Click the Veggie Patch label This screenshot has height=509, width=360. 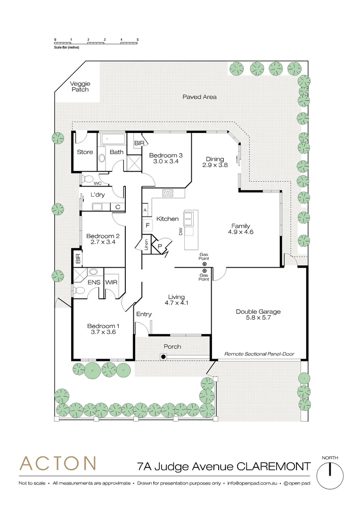[x=80, y=86]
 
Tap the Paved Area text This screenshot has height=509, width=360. [x=199, y=97]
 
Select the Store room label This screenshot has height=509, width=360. [x=85, y=152]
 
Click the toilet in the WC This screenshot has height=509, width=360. [x=87, y=179]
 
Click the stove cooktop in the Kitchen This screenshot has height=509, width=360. [x=168, y=193]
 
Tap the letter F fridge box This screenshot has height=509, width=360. [x=147, y=225]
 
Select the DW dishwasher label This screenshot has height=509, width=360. [x=180, y=231]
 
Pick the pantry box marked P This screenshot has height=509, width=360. [x=160, y=246]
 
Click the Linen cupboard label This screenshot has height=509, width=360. [x=146, y=245]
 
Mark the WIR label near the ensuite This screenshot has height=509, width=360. [x=112, y=282]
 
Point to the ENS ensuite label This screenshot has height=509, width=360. [x=94, y=282]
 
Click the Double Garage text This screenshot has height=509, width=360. [x=258, y=312]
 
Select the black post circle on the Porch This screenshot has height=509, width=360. [x=164, y=357]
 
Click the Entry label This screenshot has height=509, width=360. [x=144, y=314]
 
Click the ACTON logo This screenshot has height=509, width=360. [x=58, y=463]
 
